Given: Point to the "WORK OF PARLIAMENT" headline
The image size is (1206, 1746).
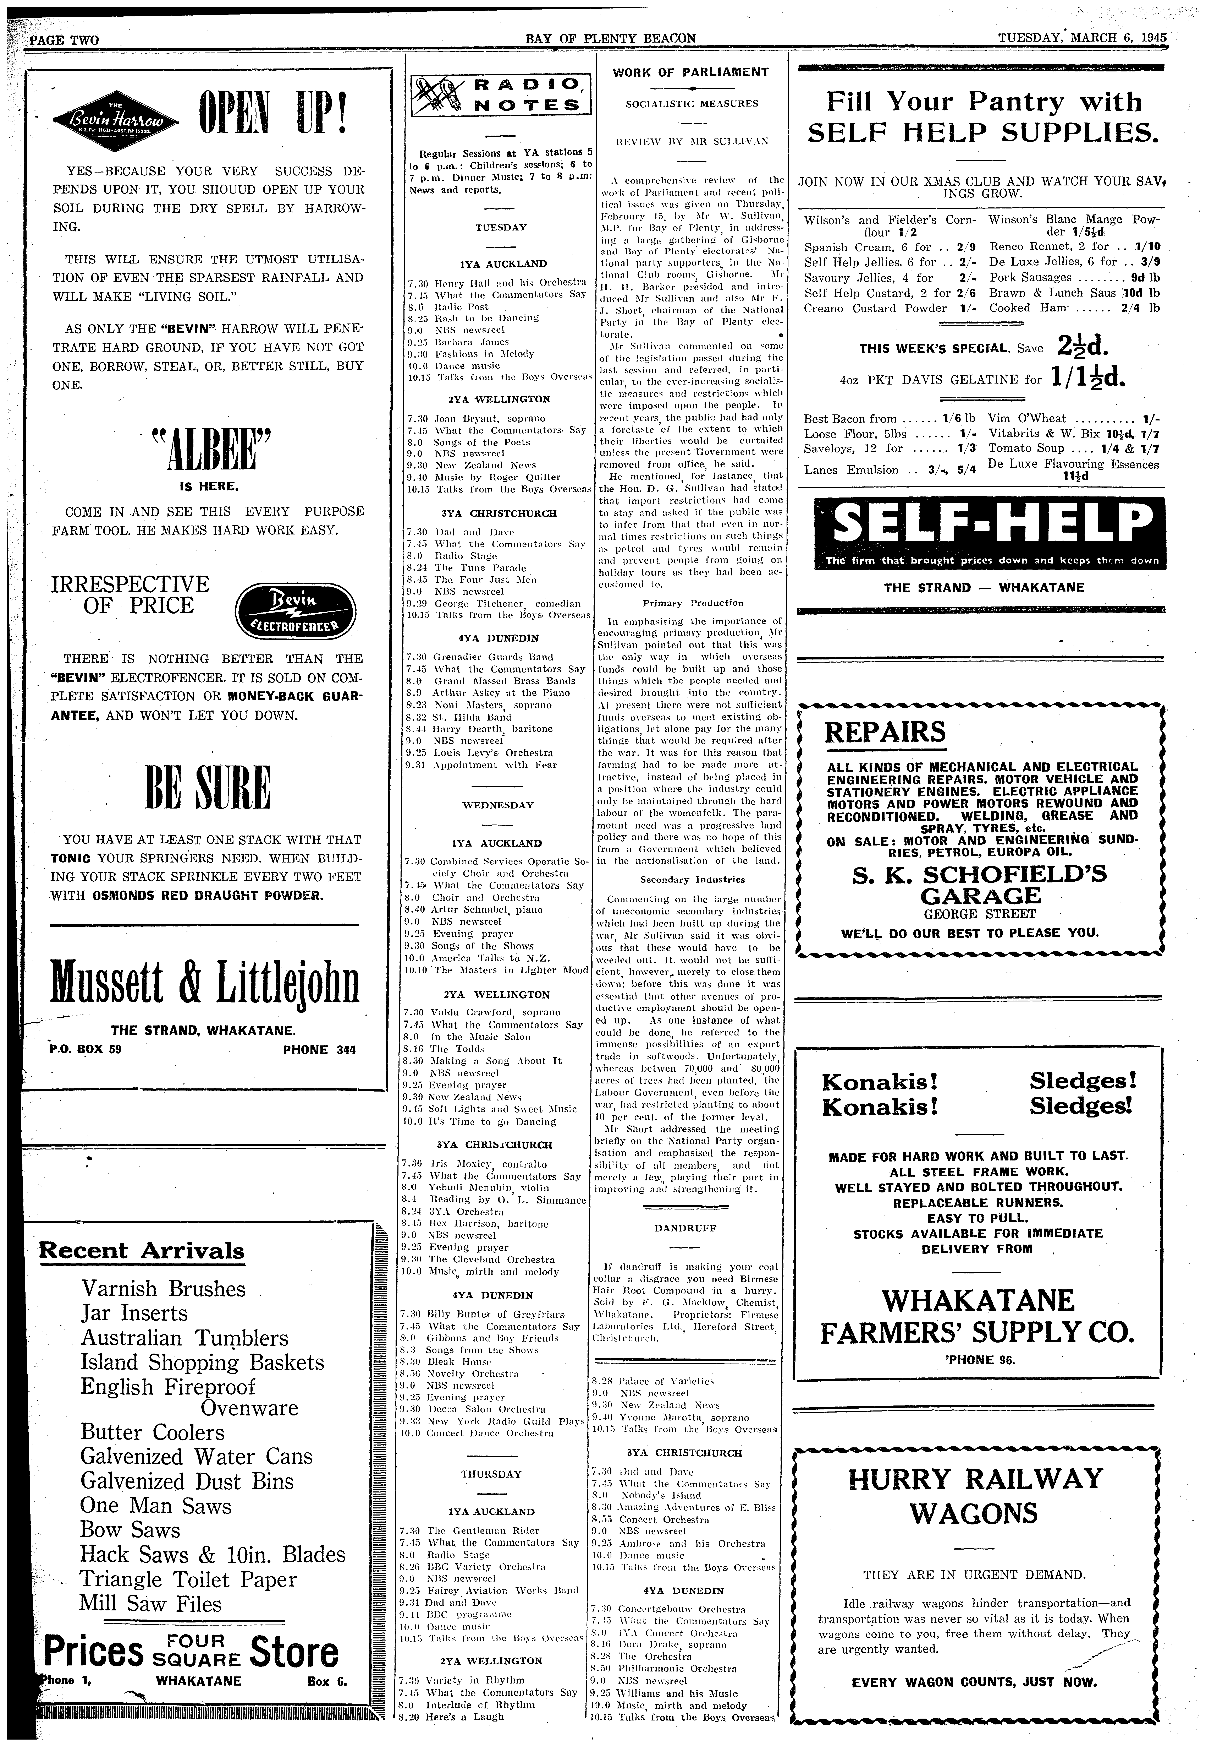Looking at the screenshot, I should click(691, 72).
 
